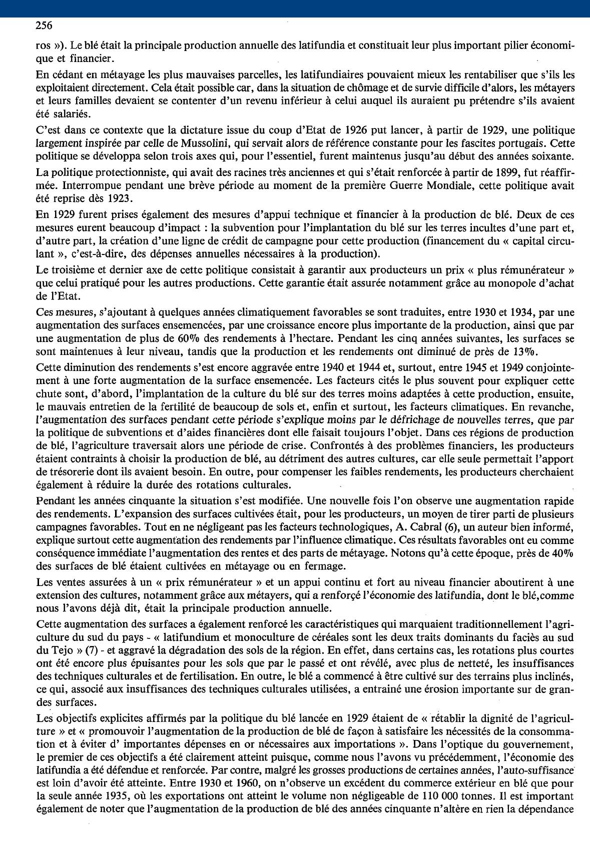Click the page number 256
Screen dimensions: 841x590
pos(45,25)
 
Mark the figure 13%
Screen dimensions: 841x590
pos(524,351)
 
